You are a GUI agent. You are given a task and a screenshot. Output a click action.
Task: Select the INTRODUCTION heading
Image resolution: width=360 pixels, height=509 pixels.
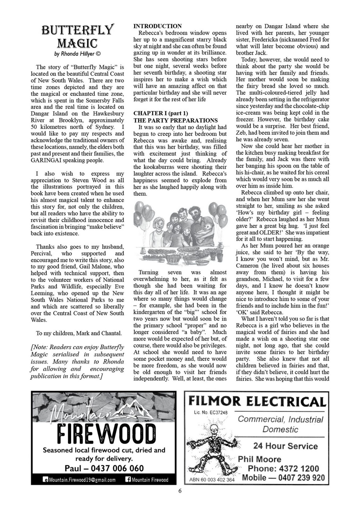157,26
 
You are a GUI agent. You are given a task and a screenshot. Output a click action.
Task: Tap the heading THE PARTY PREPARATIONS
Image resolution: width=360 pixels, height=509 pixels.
175,120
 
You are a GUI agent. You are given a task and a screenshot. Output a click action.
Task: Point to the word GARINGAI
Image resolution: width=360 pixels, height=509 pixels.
48,160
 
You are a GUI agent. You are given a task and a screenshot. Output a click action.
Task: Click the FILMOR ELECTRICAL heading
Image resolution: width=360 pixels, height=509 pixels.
257,401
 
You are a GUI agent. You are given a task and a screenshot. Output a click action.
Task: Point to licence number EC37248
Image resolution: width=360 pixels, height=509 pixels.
218,413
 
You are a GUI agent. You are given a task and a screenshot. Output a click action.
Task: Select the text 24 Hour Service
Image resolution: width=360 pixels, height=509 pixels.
285,446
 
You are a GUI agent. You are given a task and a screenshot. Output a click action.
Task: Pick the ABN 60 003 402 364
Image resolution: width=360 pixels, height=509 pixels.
212,480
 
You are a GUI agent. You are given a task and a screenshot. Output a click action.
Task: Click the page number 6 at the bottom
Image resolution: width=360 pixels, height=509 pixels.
180,491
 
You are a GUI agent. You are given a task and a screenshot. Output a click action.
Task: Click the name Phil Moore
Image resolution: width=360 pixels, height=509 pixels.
259,459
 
